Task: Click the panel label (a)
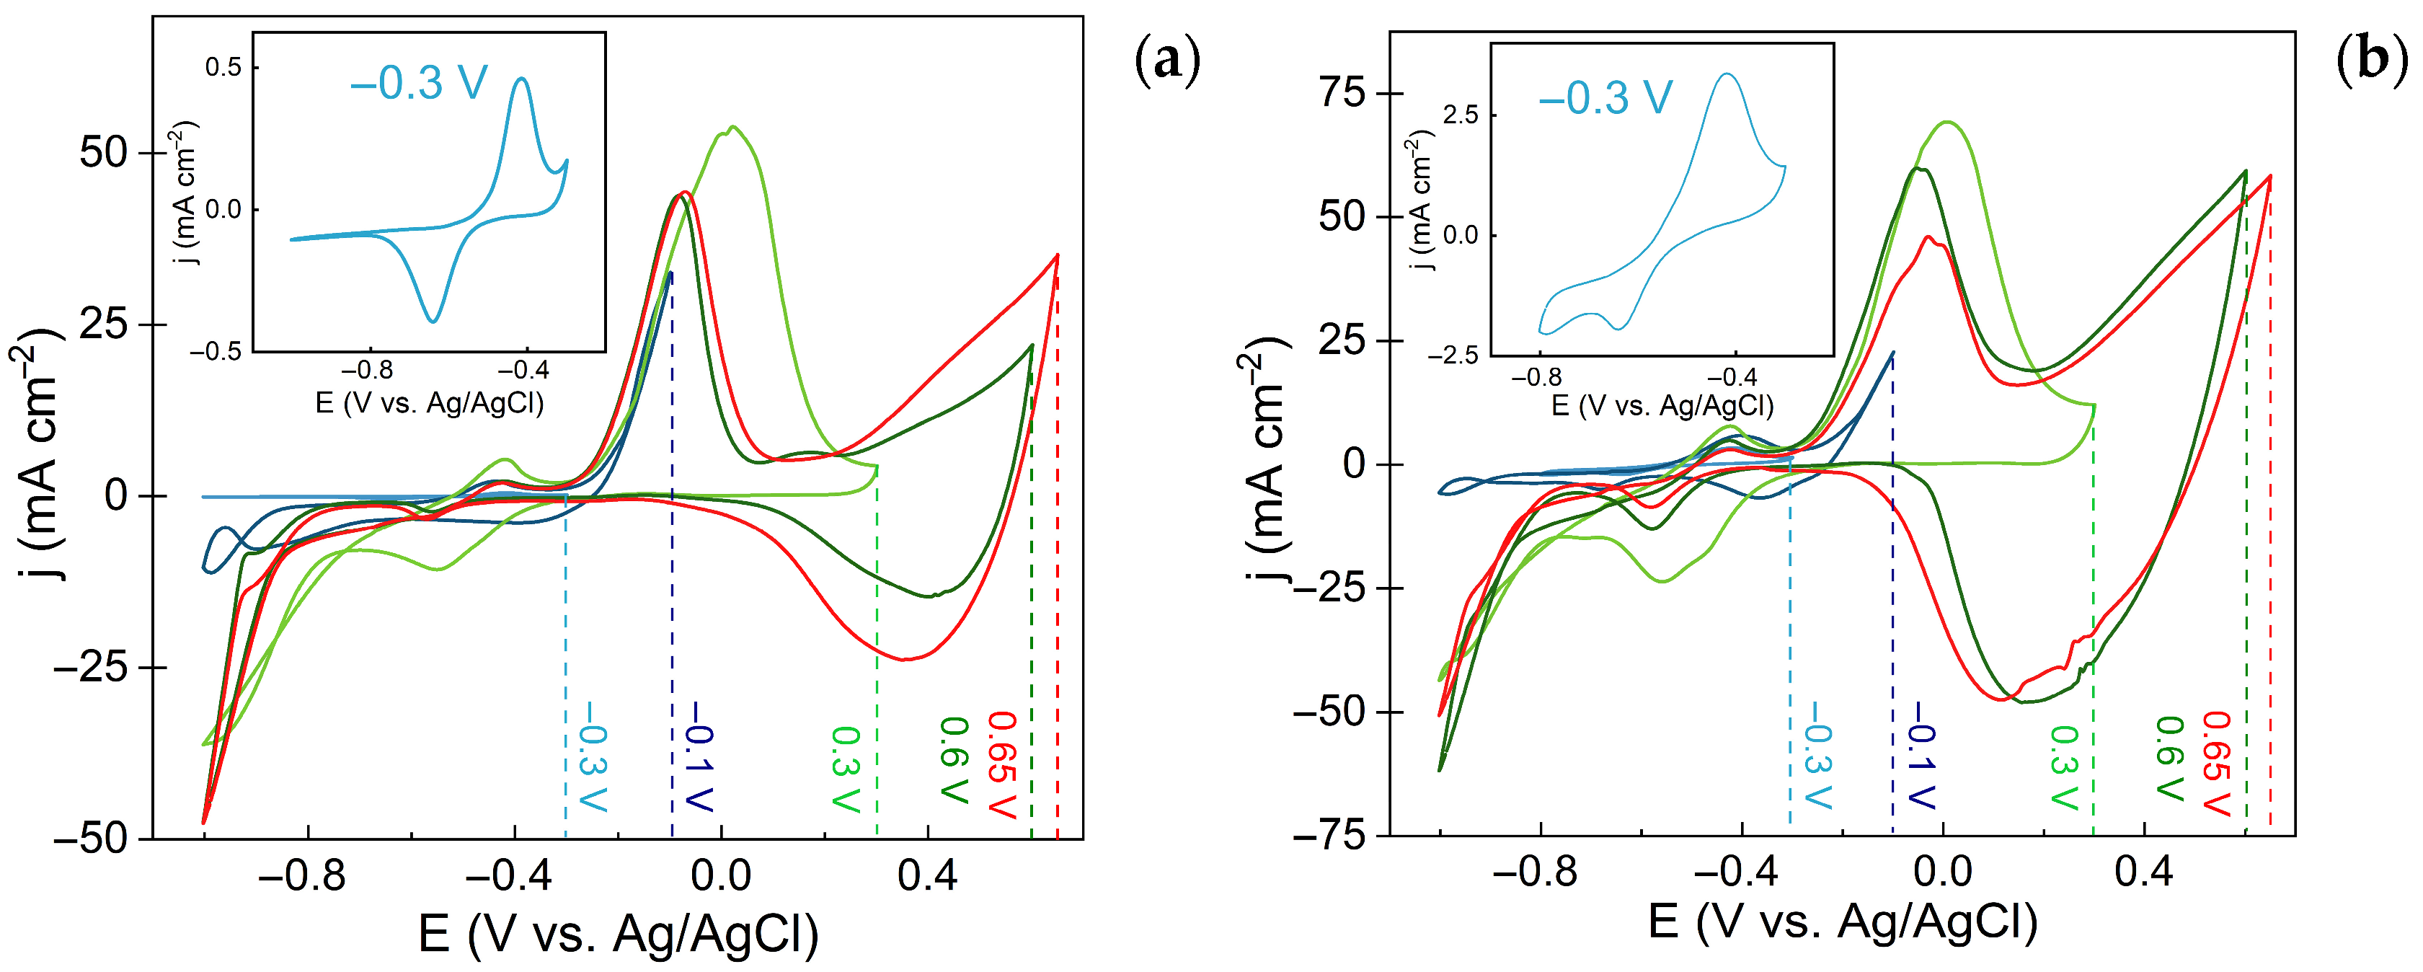[x=1167, y=62]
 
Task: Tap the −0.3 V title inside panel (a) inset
[x=419, y=83]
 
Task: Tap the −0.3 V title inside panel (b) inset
[x=1605, y=97]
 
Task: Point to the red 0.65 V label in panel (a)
[x=1003, y=764]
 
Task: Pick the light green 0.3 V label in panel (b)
[x=2064, y=767]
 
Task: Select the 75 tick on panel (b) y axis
[x=1345, y=93]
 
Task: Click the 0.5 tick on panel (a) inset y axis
[x=224, y=67]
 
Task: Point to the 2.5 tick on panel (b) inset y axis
[x=1460, y=115]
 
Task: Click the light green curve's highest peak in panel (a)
[x=732, y=127]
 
